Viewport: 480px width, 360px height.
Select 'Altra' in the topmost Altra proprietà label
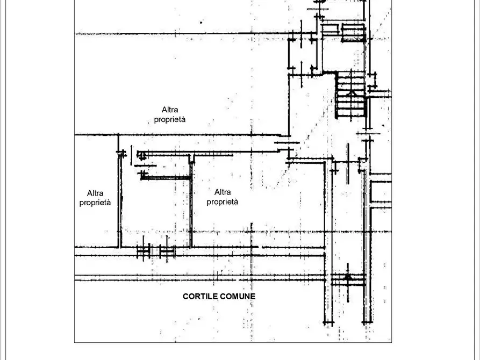click(x=170, y=110)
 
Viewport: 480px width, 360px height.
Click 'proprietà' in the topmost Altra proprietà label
click(x=170, y=119)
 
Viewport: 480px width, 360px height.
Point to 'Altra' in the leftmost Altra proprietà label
click(x=95, y=193)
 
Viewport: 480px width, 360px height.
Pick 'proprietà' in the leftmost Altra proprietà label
click(x=95, y=203)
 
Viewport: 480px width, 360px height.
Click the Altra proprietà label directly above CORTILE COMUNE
click(x=223, y=197)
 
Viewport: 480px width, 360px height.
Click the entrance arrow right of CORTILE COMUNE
click(x=347, y=278)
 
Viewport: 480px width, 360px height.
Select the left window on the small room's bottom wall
click(x=144, y=250)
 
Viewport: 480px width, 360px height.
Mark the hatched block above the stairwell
click(x=353, y=32)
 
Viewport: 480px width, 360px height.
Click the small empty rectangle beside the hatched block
click(x=331, y=30)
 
